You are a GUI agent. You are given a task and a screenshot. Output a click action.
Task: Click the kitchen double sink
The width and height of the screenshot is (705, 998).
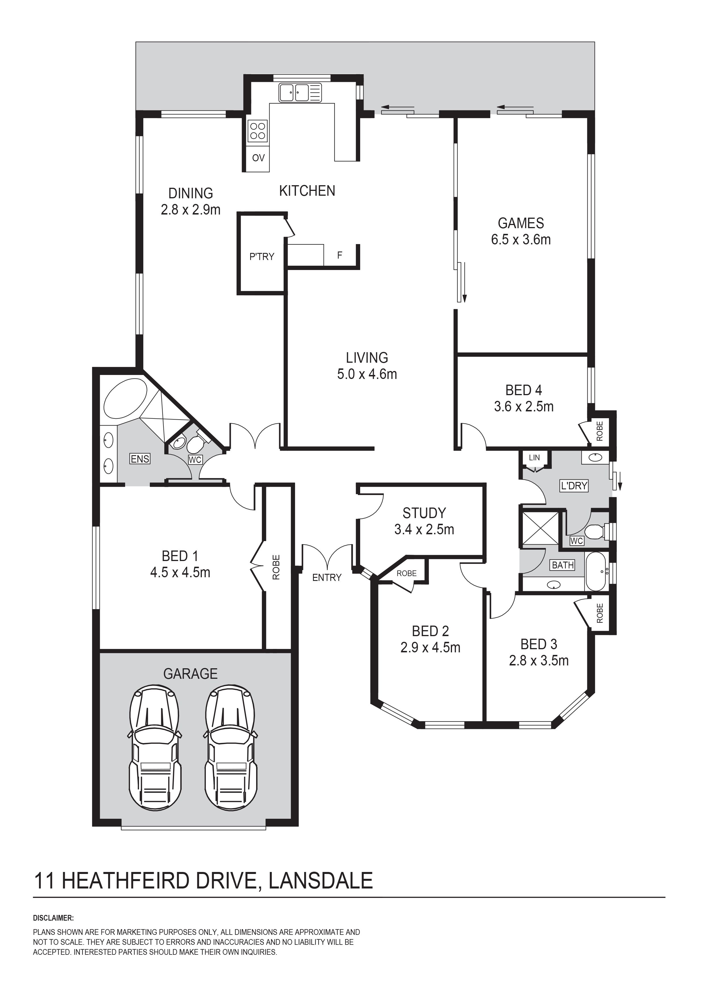pyautogui.click(x=300, y=92)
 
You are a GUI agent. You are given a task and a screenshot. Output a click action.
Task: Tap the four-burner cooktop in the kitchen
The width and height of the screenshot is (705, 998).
pyautogui.click(x=257, y=131)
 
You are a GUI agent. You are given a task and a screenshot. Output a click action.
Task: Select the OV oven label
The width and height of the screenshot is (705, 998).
pyautogui.click(x=258, y=158)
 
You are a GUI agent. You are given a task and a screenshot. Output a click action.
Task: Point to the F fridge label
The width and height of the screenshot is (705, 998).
pyautogui.click(x=340, y=255)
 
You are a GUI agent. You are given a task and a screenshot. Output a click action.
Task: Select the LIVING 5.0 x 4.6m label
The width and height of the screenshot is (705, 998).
pyautogui.click(x=367, y=366)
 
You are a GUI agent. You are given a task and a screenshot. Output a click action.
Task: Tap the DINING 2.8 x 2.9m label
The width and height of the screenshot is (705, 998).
pyautogui.click(x=191, y=201)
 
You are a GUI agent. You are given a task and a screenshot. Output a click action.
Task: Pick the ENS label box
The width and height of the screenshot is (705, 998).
pyautogui.click(x=140, y=459)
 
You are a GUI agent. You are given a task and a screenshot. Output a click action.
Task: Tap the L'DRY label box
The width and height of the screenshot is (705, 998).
pyautogui.click(x=574, y=486)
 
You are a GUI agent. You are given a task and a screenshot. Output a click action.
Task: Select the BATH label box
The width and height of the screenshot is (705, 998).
pyautogui.click(x=563, y=565)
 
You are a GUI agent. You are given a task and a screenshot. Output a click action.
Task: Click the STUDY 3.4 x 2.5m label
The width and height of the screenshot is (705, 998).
pyautogui.click(x=424, y=521)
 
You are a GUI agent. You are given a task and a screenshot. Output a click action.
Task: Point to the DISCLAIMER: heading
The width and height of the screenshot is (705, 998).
pyautogui.click(x=53, y=918)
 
